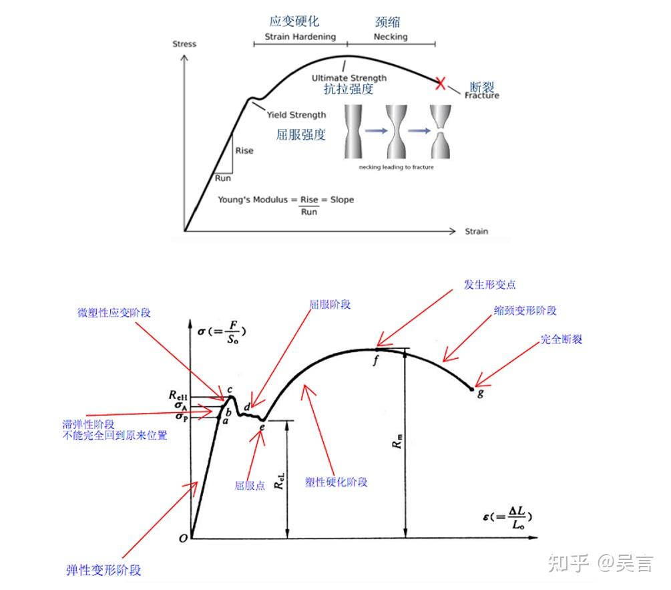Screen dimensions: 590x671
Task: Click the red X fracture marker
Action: (440, 83)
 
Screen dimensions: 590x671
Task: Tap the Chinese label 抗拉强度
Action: (348, 90)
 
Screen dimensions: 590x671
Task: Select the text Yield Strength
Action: (296, 115)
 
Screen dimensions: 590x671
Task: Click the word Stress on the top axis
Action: (184, 44)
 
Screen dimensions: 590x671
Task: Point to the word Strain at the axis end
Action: (477, 232)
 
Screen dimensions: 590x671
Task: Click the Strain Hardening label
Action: (300, 37)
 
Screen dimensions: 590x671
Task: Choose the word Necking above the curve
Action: (391, 37)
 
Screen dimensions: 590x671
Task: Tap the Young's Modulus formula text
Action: (286, 200)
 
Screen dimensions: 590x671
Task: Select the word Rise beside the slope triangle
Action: (244, 151)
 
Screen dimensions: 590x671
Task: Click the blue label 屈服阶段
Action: (330, 305)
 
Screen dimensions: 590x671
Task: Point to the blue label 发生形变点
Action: (490, 285)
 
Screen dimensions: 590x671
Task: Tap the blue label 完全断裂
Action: (562, 339)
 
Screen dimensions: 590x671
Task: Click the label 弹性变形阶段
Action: (104, 570)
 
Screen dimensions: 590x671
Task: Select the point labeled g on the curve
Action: (473, 388)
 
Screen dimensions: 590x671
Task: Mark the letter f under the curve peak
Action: (376, 360)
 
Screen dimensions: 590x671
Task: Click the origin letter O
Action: (183, 538)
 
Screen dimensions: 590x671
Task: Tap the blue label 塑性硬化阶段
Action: (337, 482)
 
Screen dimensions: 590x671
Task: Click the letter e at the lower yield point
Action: (262, 427)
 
